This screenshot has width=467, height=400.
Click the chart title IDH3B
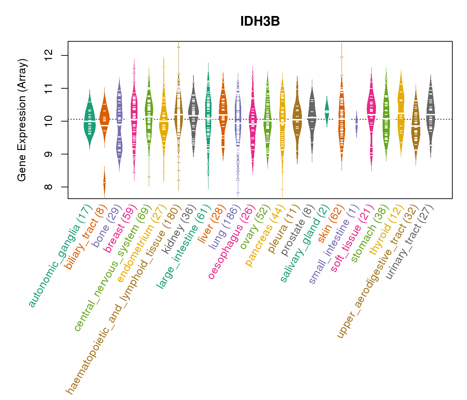point(260,22)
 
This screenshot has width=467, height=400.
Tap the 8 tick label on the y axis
point(49,187)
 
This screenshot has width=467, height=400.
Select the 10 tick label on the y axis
point(49,121)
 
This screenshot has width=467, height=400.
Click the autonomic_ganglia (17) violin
point(89,122)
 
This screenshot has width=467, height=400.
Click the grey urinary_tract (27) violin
point(431,115)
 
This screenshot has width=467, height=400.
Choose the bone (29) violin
point(119,123)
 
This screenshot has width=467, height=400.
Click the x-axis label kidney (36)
point(180,230)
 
